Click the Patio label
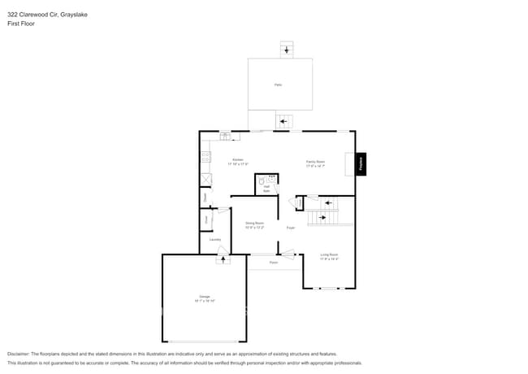tap(279, 85)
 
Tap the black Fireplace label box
tap(361, 163)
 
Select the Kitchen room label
tap(238, 161)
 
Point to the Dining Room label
tap(255, 224)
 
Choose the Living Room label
tap(329, 256)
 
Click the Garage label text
tap(204, 298)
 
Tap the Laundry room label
tap(215, 239)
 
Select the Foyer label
tap(290, 228)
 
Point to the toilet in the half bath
tap(262, 183)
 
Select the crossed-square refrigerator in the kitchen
tap(206, 180)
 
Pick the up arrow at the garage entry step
tap(223, 259)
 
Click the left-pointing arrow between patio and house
tap(283, 123)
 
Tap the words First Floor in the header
tap(21, 24)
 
